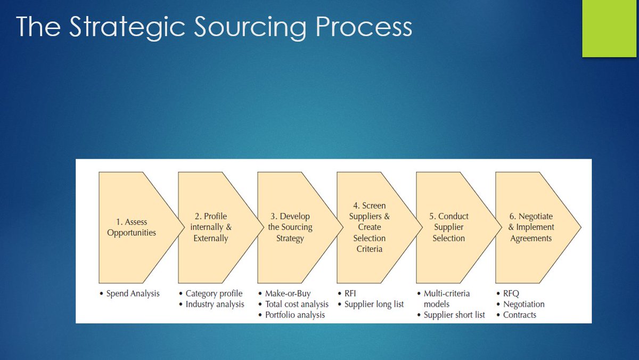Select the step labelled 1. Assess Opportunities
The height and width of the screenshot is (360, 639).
pyautogui.click(x=132, y=227)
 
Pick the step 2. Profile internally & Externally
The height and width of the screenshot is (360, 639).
pyautogui.click(x=211, y=227)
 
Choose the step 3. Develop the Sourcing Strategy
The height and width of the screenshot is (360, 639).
pyautogui.click(x=290, y=227)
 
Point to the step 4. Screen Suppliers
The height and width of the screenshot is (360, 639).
pyautogui.click(x=370, y=227)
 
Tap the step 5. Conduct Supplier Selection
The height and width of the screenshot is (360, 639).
pyautogui.click(x=449, y=227)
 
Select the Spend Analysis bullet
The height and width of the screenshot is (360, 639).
pyautogui.click(x=133, y=293)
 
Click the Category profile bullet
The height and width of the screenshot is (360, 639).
pyautogui.click(x=214, y=293)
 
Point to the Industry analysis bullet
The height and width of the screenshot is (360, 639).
pyautogui.click(x=215, y=304)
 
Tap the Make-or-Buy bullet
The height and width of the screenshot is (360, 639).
pyautogui.click(x=288, y=293)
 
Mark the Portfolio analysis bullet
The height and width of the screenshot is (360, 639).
pyautogui.click(x=295, y=315)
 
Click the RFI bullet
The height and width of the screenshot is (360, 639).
pyautogui.click(x=351, y=293)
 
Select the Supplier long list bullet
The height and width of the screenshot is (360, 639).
pyautogui.click(x=374, y=304)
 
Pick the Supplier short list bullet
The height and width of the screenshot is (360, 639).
pyautogui.click(x=454, y=315)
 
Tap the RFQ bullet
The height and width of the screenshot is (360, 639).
pyautogui.click(x=512, y=293)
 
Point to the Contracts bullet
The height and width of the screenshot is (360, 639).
pyautogui.click(x=520, y=315)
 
